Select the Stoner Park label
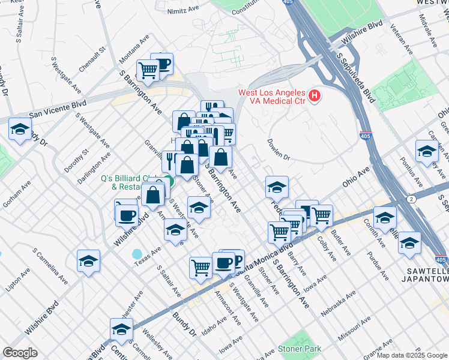[x=299, y=349]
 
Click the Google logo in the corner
[x=20, y=353]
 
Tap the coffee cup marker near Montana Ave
[x=161, y=63]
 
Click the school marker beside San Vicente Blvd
[x=20, y=130]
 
